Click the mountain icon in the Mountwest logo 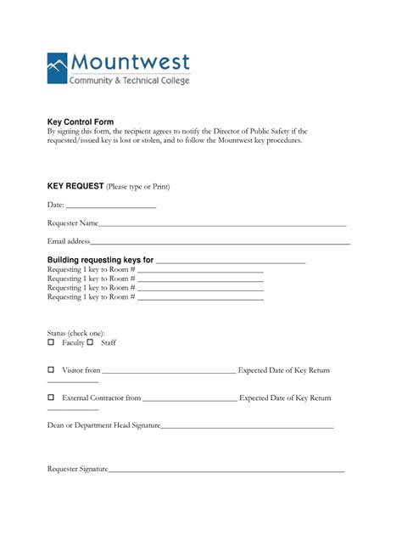pyautogui.click(x=58, y=68)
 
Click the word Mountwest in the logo pyautogui.click(x=131, y=63)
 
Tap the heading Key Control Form pyautogui.click(x=80, y=122)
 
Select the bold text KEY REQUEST pyautogui.click(x=75, y=186)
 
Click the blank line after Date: pyautogui.click(x=111, y=206)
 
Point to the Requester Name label pyautogui.click(x=73, y=223)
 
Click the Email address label pyautogui.click(x=69, y=242)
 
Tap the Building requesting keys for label pyautogui.click(x=100, y=260)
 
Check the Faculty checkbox pyautogui.click(x=51, y=342)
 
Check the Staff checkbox pyautogui.click(x=90, y=342)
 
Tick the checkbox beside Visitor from pyautogui.click(x=51, y=370)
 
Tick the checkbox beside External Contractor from pyautogui.click(x=51, y=397)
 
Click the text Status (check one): pyautogui.click(x=75, y=333)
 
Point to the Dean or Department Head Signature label pyautogui.click(x=103, y=425)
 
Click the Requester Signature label pyautogui.click(x=77, y=469)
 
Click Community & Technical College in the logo pyautogui.click(x=130, y=80)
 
